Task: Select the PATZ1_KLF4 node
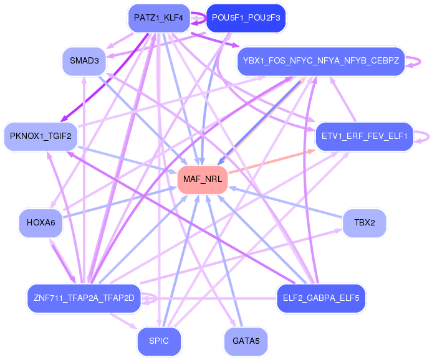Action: click(x=158, y=18)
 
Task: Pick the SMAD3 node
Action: click(x=84, y=61)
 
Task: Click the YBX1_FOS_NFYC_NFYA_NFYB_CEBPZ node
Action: click(x=321, y=61)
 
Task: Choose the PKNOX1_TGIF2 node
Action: click(x=41, y=136)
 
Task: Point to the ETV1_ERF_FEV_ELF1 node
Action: click(x=364, y=136)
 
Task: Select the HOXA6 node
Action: click(x=41, y=222)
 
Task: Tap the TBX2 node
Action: click(x=364, y=222)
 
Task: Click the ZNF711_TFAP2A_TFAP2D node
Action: click(x=84, y=298)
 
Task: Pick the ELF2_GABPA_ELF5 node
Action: click(x=321, y=298)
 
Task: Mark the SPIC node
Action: click(x=159, y=341)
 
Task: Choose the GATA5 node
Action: click(x=245, y=341)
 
